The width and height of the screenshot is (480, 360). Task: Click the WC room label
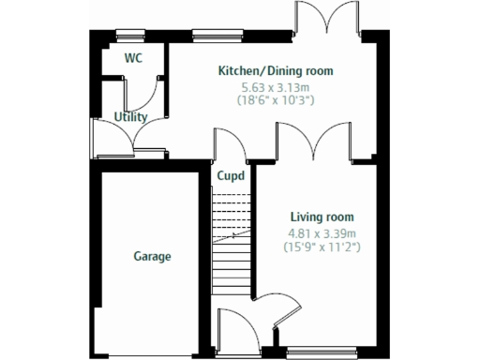pyautogui.click(x=134, y=57)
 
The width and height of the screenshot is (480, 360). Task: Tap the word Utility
pyautogui.click(x=130, y=117)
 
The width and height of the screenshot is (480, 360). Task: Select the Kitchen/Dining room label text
pyautogui.click(x=275, y=71)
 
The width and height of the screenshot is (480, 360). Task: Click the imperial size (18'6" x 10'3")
pyautogui.click(x=275, y=98)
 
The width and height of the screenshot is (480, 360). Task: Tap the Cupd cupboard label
pyautogui.click(x=231, y=175)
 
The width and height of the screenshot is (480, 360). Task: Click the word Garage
pyautogui.click(x=151, y=256)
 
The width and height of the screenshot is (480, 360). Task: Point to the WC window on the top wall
pyautogui.click(x=130, y=37)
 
